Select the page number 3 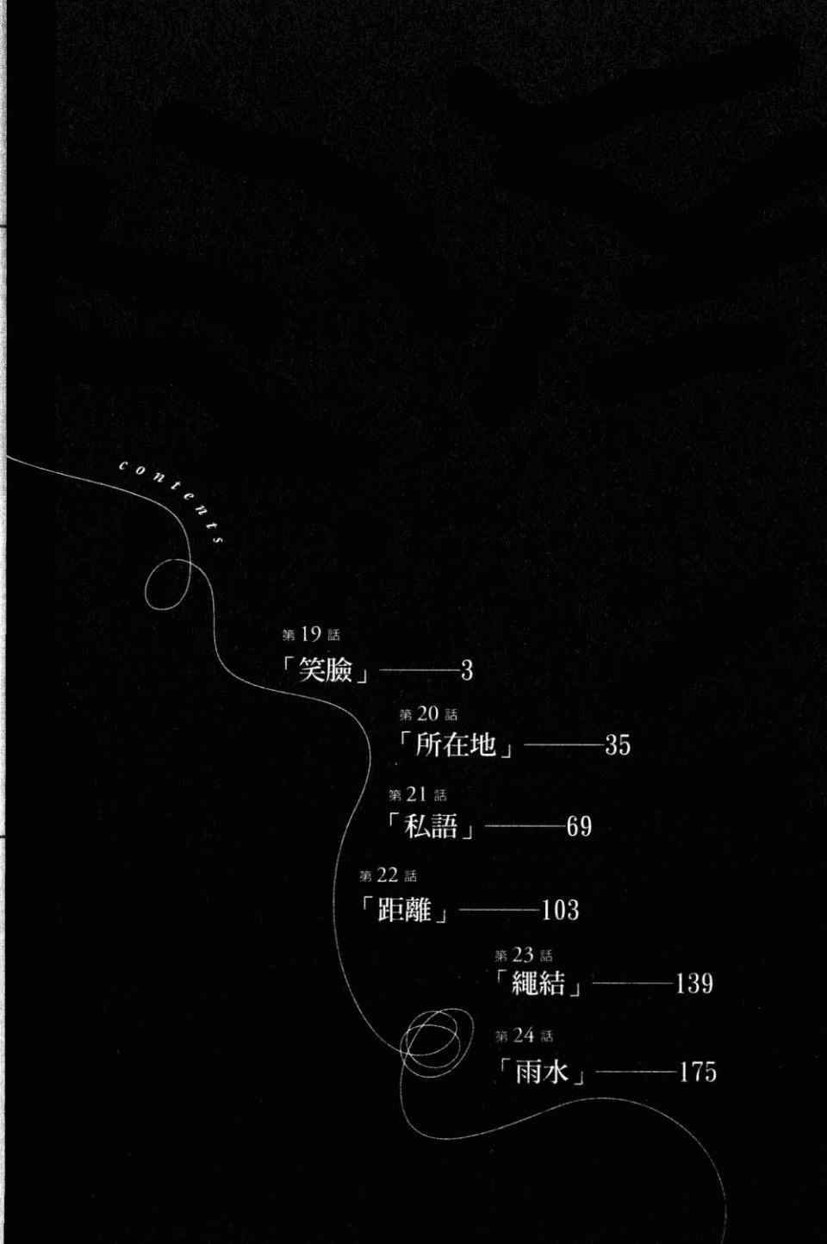pos(466,671)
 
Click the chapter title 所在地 pos(456,743)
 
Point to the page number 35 pos(618,745)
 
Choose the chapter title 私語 pos(431,825)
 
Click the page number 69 pos(579,826)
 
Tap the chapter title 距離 pos(404,909)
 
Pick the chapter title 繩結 pos(538,982)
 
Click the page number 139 pos(694,984)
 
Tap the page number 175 pos(698,1072)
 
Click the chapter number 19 pos(311,634)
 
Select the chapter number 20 pos(427,714)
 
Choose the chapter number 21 pos(417,794)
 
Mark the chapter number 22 pos(388,876)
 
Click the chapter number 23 pos(523,955)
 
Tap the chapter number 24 pos(523,1036)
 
